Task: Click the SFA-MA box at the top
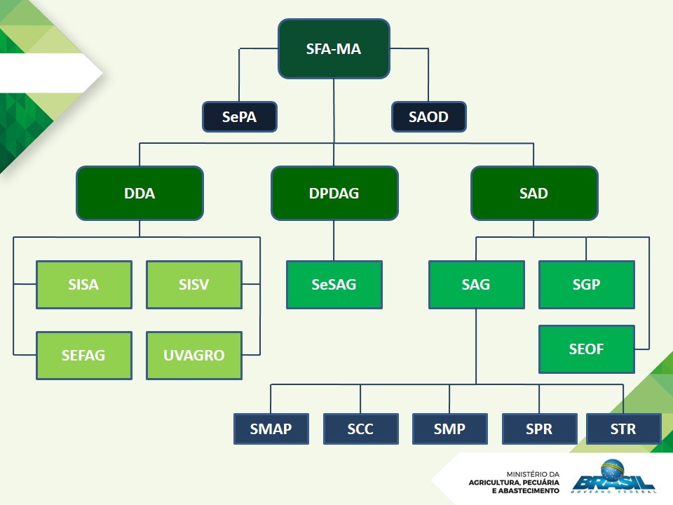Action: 334,49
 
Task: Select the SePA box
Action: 240,117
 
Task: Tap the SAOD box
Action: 428,117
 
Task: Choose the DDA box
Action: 140,193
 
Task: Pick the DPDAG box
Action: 334,193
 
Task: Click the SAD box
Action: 533,193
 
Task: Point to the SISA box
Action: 83,285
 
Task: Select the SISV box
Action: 193,285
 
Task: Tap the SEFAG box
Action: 83,355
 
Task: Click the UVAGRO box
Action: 193,355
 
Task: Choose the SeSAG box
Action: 334,285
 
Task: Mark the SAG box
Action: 476,285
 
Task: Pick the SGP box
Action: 586,285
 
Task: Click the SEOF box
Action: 586,349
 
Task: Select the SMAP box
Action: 271,429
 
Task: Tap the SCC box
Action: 360,429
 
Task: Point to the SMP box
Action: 449,429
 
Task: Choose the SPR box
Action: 539,429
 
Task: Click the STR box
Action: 623,429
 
